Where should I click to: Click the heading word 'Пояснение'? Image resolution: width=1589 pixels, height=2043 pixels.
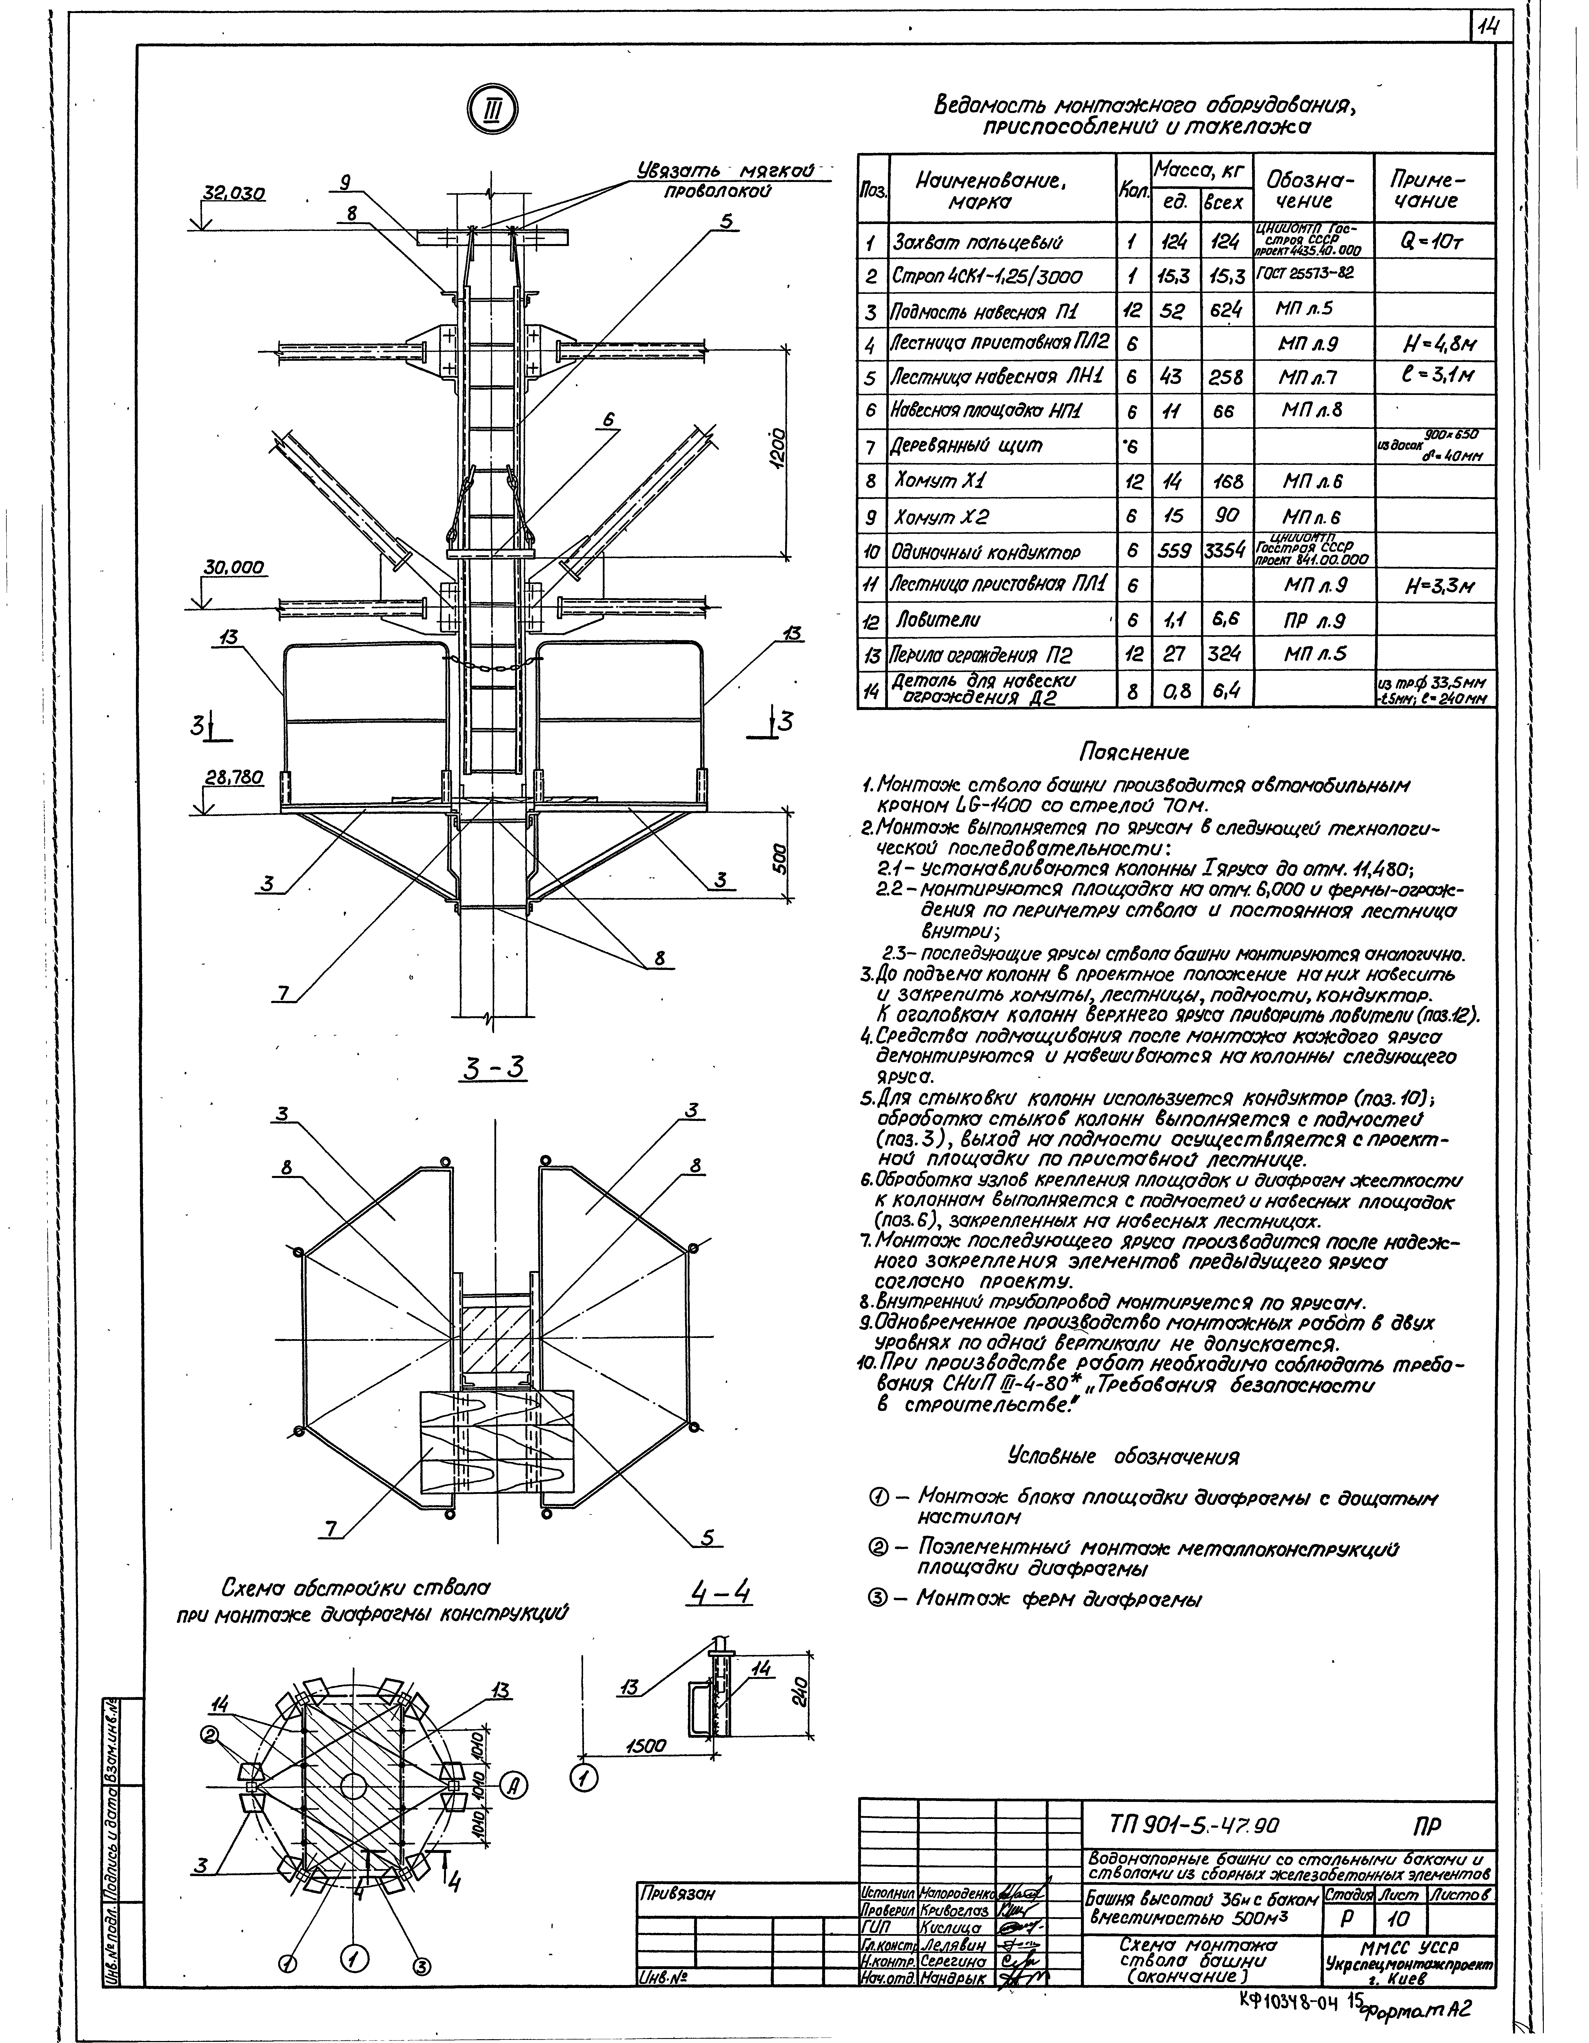click(1135, 753)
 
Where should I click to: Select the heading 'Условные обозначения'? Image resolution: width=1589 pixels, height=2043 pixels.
click(1122, 1457)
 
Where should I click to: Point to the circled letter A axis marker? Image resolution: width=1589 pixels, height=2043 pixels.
click(513, 1785)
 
